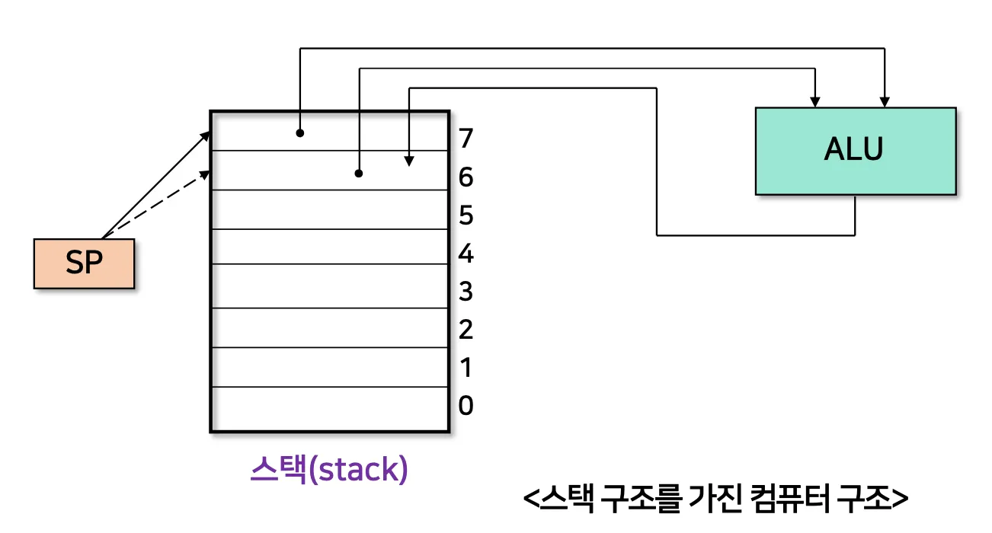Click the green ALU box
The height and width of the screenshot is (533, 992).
pos(855,151)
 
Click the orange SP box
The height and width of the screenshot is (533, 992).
pos(84,263)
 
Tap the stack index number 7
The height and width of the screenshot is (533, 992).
pos(466,139)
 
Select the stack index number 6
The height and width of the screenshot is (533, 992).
pos(466,177)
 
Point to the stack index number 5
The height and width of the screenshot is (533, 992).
pos(466,216)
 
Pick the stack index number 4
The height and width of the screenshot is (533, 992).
pos(466,254)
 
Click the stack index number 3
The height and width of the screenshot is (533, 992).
pos(466,292)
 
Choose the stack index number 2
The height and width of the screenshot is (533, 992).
pos(466,330)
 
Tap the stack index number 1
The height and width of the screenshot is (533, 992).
pos(466,368)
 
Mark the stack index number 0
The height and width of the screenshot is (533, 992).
pos(466,406)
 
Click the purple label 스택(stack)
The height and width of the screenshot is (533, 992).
pos(329,470)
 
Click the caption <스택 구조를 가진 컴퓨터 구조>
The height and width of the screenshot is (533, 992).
pos(715,499)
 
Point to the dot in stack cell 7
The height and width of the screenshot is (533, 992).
pos(300,133)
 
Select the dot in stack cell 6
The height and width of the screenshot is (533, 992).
pos(358,174)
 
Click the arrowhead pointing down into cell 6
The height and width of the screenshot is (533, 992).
pos(409,161)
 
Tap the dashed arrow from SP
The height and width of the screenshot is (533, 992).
pos(156,204)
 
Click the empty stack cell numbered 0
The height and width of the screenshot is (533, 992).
pos(329,409)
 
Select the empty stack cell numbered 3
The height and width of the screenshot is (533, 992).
pos(329,286)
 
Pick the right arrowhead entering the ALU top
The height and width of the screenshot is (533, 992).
pos(885,101)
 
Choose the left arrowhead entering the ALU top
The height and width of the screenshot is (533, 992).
pos(815,101)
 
